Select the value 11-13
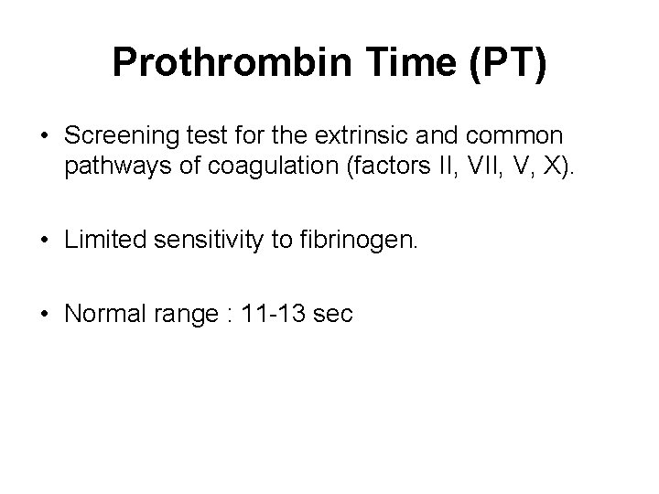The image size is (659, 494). [265, 315]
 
